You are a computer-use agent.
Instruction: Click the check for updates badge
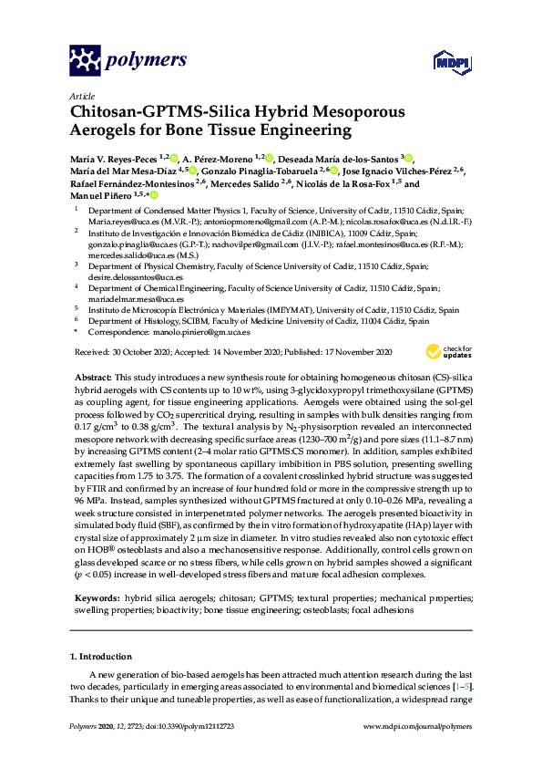446,351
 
